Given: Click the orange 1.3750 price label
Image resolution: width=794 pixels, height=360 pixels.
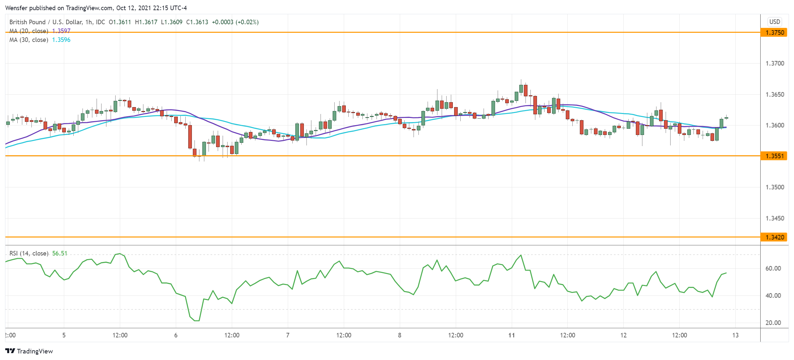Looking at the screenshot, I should click(774, 32).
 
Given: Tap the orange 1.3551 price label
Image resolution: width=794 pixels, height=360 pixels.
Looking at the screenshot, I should click(774, 156).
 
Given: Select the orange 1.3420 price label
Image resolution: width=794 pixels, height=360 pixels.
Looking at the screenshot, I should click(774, 237).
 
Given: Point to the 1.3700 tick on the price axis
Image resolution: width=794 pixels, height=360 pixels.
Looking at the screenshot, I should click(775, 64).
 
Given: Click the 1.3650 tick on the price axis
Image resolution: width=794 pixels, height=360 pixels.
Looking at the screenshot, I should click(775, 95).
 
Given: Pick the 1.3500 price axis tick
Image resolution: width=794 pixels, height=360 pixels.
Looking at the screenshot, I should click(775, 187).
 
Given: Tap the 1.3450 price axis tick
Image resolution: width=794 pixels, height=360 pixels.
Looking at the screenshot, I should click(775, 218).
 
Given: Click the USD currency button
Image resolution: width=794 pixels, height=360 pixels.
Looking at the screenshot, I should click(775, 22).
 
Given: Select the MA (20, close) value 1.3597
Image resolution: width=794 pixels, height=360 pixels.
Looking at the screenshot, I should click(61, 31).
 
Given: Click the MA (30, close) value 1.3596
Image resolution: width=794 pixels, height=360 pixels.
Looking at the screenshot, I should click(61, 40).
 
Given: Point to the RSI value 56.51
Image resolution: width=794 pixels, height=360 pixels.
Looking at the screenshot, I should click(60, 254).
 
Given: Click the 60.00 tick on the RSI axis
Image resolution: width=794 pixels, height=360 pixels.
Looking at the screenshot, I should click(773, 269).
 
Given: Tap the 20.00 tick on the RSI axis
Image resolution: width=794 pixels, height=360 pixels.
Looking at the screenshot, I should click(773, 323).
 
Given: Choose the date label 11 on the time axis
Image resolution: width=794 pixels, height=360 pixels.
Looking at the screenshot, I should click(511, 335).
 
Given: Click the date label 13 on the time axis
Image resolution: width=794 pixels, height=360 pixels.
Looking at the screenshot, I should click(735, 335).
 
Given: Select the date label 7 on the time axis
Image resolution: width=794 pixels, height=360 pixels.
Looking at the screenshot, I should click(288, 335).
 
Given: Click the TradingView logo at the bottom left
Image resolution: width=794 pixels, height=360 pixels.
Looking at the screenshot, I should click(29, 351).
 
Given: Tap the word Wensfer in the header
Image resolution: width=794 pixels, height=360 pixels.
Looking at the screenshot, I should click(16, 8).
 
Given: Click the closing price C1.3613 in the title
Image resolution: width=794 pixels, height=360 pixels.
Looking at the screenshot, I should click(197, 22).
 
